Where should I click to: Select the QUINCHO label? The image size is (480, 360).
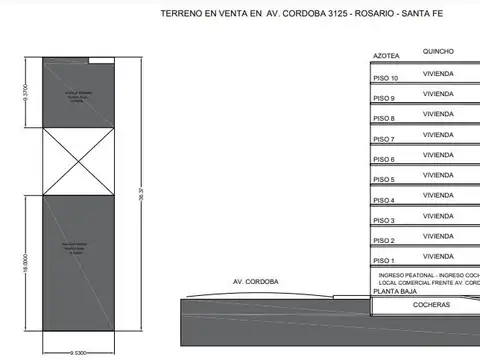click(x=439, y=50)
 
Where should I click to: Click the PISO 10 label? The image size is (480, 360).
click(x=386, y=78)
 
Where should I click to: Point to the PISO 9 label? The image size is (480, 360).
click(x=385, y=98)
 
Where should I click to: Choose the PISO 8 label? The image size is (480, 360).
click(x=385, y=118)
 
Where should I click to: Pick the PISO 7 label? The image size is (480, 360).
click(x=385, y=139)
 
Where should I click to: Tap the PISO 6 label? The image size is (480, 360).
click(x=385, y=159)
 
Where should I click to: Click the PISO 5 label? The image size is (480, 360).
click(x=385, y=180)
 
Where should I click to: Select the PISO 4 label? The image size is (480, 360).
click(x=385, y=200)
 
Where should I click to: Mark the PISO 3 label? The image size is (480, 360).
click(x=385, y=221)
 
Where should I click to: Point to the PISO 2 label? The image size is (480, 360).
click(x=385, y=241)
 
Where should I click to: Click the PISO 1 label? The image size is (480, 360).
click(x=385, y=261)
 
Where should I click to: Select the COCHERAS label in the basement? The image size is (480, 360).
click(x=432, y=305)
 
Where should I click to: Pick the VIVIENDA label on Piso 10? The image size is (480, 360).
click(x=439, y=73)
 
